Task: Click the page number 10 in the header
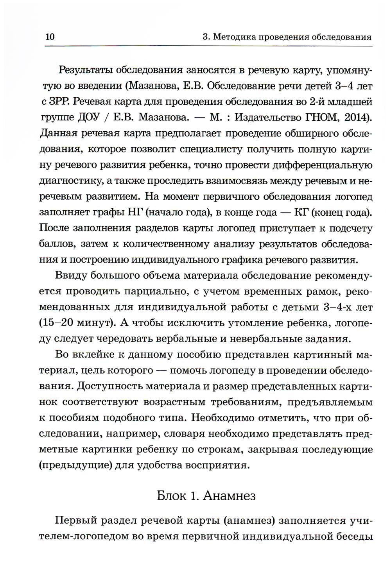pyautogui.click(x=50, y=38)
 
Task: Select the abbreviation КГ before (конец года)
pyautogui.click(x=301, y=212)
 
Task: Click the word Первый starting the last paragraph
pyautogui.click(x=75, y=521)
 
